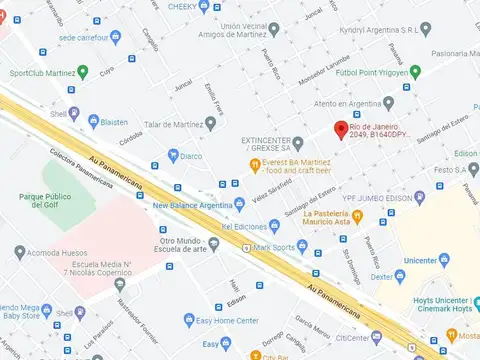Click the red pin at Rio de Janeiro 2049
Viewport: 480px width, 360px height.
(x=339, y=131)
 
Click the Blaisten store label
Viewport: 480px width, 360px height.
(x=115, y=122)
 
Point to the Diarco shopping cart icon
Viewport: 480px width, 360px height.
(x=173, y=155)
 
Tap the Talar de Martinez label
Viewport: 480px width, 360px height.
(x=174, y=124)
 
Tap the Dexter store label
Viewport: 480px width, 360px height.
(x=380, y=275)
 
